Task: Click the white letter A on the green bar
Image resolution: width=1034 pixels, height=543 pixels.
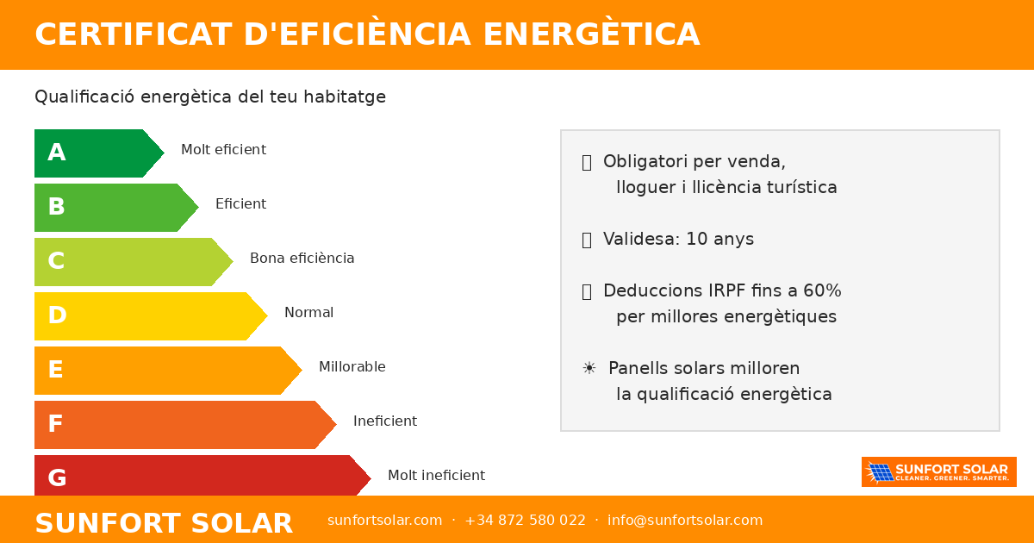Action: click(x=57, y=153)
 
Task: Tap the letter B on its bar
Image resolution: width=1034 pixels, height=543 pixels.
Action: click(x=57, y=207)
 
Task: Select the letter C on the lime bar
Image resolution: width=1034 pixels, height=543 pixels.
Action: click(x=57, y=261)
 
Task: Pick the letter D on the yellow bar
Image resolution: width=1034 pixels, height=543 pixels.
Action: click(x=57, y=315)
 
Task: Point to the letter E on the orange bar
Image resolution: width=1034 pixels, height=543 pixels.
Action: click(x=56, y=370)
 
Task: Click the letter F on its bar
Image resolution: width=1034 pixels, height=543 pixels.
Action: click(x=56, y=424)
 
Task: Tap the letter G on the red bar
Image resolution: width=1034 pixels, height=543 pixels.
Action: click(x=57, y=477)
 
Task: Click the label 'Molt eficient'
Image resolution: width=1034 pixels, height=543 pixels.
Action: click(x=223, y=150)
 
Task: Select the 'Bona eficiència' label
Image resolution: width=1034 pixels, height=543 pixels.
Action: click(x=302, y=259)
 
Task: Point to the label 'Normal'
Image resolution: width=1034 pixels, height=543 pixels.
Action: click(x=308, y=313)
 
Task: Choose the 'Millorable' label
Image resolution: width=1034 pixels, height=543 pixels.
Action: click(x=352, y=367)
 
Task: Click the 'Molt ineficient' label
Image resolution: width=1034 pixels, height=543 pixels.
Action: click(x=436, y=476)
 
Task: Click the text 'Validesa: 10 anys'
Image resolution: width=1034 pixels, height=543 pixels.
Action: click(x=678, y=240)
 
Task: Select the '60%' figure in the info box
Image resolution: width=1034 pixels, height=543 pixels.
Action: click(x=822, y=291)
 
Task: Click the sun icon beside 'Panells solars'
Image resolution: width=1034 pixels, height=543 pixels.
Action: click(x=589, y=369)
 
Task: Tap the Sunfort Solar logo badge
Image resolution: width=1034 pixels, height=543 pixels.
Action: click(x=938, y=472)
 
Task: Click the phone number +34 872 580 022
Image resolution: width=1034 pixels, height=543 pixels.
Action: click(x=525, y=521)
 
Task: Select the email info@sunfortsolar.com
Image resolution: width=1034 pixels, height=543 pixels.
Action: click(x=685, y=521)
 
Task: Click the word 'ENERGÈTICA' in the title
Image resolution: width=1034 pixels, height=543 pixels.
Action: click(x=591, y=34)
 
